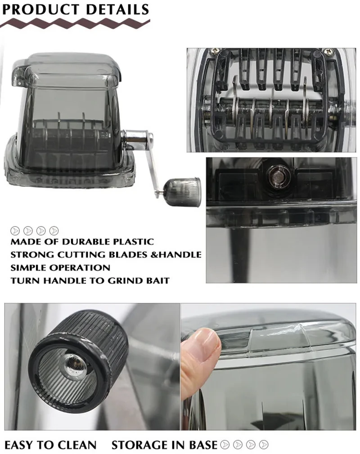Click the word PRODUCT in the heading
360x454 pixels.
(40, 9)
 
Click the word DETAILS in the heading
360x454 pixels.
(118, 9)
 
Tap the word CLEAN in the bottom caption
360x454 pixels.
(77, 445)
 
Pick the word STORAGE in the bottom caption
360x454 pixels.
(140, 445)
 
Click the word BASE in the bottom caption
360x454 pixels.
(203, 445)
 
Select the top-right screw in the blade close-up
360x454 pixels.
(329, 51)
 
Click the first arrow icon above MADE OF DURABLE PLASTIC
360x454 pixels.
(15, 231)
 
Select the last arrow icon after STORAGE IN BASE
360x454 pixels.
(264, 445)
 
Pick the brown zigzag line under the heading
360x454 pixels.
(75, 22)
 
